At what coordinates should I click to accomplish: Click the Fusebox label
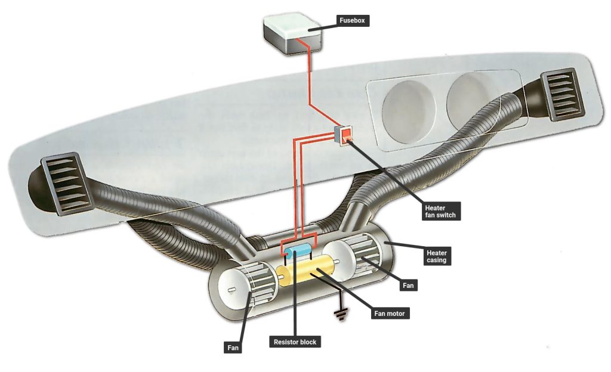352,20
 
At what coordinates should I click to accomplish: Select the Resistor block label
295,342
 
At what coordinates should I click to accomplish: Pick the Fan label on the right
408,286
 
